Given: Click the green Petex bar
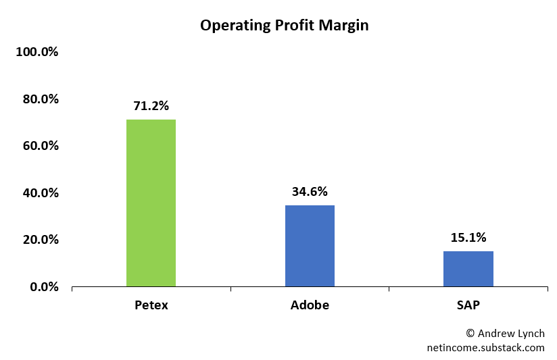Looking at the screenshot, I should (151, 203).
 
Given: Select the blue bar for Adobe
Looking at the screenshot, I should (310, 246).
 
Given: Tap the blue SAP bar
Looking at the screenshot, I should (468, 269).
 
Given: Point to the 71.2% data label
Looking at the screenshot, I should (151, 105).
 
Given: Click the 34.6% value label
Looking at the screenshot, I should (310, 191).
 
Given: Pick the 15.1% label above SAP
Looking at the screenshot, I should (468, 237).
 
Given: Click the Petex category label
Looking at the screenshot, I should (151, 305).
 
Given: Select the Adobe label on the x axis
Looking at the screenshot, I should (310, 305).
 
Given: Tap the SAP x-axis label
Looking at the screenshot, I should (468, 305).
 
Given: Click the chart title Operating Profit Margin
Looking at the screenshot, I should (284, 26).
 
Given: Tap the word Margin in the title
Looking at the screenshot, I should (345, 26).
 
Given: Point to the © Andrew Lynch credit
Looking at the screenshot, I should (505, 334).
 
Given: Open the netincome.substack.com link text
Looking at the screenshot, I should (485, 348).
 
